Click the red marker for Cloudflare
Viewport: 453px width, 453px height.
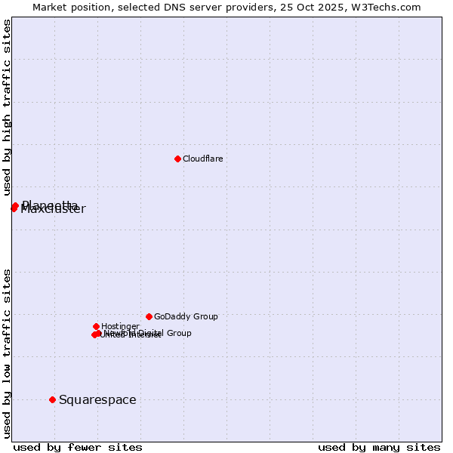click(177, 159)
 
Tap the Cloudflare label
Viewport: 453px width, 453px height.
click(202, 159)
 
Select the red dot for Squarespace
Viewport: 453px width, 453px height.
click(52, 399)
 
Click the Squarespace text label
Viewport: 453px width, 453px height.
click(97, 400)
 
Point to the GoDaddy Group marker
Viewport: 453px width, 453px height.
click(149, 316)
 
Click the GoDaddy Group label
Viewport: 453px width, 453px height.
click(186, 316)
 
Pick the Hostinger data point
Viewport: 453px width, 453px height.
click(96, 326)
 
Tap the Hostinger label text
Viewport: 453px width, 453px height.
click(120, 326)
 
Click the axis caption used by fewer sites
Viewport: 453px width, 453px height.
click(78, 447)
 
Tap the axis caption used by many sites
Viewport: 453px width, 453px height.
click(379, 447)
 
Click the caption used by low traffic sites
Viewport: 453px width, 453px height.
click(7, 353)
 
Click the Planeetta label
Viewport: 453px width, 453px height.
click(51, 204)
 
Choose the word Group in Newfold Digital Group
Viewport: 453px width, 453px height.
click(178, 333)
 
